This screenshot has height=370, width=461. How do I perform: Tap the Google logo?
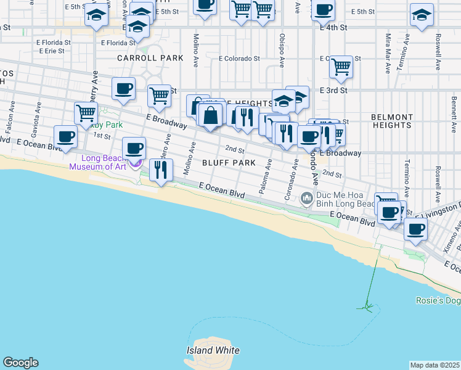(20, 363)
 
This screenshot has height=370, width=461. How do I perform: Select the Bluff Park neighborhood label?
(229, 163)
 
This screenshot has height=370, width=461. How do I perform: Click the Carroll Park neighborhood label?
(150, 58)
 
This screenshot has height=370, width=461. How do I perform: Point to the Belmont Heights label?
(392, 121)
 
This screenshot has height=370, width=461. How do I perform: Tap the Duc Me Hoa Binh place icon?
(306, 199)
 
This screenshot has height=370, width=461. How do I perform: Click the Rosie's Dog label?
(438, 301)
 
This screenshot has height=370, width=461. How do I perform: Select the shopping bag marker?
(210, 115)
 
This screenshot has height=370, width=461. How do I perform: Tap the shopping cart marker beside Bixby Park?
(86, 113)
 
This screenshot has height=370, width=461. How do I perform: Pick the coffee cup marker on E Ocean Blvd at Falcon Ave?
(65, 136)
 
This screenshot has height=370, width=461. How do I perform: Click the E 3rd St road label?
(334, 90)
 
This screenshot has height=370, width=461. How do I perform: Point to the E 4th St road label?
(333, 28)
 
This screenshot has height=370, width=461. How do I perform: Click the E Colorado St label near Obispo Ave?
(240, 59)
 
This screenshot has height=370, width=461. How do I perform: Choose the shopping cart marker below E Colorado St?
(341, 66)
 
